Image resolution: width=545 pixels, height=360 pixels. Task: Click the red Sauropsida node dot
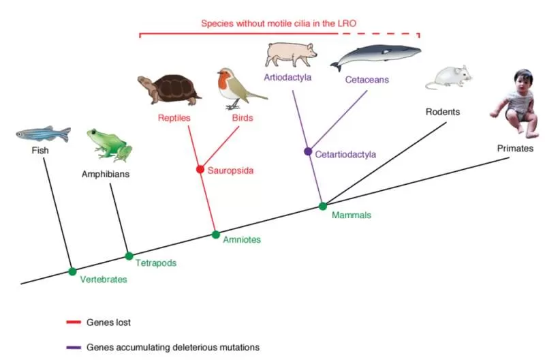pyautogui.click(x=200, y=169)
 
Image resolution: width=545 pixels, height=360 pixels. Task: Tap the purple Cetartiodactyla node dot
pyautogui.click(x=308, y=151)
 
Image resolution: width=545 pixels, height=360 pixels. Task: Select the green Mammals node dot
pyautogui.click(x=323, y=207)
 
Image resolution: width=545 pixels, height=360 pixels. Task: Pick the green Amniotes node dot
pyautogui.click(x=216, y=235)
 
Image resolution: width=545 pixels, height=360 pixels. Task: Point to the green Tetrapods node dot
pyautogui.click(x=129, y=256)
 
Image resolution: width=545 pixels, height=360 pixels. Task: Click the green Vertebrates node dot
pyautogui.click(x=72, y=271)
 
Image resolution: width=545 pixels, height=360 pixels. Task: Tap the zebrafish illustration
pyautogui.click(x=44, y=134)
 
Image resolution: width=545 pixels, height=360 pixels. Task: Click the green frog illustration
pyautogui.click(x=110, y=145)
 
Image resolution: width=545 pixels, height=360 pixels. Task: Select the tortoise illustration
pyautogui.click(x=169, y=89)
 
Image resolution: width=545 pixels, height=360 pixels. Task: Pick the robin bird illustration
pyautogui.click(x=240, y=89)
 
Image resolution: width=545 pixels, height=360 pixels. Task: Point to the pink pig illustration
pyautogui.click(x=291, y=55)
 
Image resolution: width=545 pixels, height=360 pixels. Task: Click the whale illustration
pyautogui.click(x=375, y=56)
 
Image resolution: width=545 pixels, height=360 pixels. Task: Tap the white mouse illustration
pyautogui.click(x=449, y=77)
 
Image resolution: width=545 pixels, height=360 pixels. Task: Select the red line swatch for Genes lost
pyautogui.click(x=74, y=322)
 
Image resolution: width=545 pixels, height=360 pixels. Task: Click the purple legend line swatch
pyautogui.click(x=74, y=348)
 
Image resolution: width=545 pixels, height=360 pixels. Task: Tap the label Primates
pyautogui.click(x=515, y=149)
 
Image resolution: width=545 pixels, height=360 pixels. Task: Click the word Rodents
pyautogui.click(x=443, y=112)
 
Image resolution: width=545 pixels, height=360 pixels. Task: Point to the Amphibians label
pyautogui.click(x=106, y=174)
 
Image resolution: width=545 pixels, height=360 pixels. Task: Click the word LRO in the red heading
pyautogui.click(x=347, y=24)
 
